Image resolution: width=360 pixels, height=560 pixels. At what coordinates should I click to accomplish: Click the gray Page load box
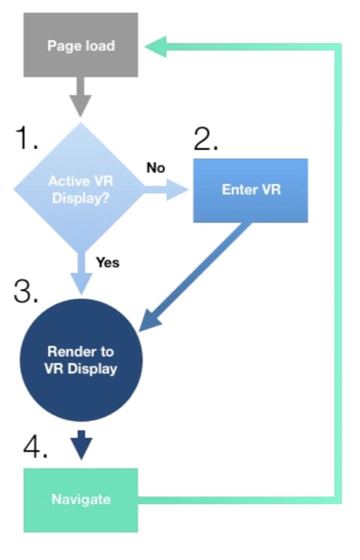[80, 45]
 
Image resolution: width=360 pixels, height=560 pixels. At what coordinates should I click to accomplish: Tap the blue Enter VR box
[251, 191]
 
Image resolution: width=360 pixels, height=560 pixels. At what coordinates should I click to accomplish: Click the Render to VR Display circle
[81, 360]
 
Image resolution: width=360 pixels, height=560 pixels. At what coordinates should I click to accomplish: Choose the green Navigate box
[80, 500]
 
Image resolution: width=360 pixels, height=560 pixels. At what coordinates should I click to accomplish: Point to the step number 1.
[27, 138]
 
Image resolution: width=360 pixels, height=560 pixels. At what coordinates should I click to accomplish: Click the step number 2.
[205, 139]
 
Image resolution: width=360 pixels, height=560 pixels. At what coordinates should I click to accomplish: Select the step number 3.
[26, 291]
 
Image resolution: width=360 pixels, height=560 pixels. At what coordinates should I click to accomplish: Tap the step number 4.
[35, 446]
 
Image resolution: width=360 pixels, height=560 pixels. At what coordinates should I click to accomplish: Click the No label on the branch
[155, 168]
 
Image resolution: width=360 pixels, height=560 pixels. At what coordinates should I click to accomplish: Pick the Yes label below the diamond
[108, 262]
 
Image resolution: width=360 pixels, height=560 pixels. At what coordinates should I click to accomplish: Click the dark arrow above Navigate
[82, 445]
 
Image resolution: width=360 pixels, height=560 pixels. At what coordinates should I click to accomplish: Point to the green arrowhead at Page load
[155, 46]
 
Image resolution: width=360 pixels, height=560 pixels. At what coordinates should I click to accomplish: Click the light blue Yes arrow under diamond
[82, 273]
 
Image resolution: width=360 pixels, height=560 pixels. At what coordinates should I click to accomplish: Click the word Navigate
[80, 499]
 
